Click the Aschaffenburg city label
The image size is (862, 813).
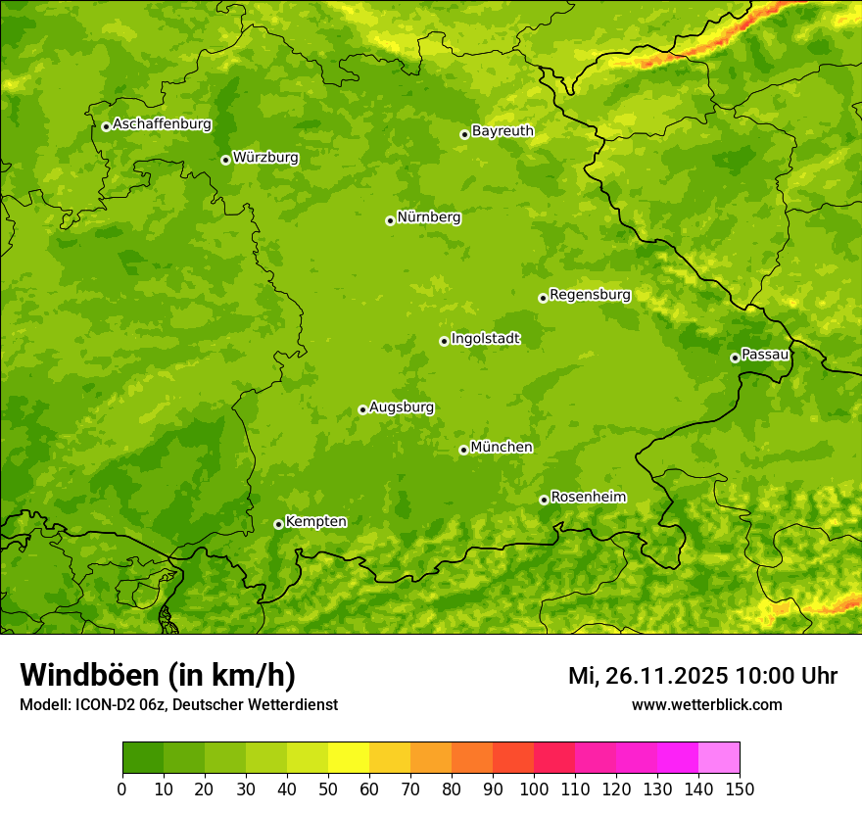[162, 124]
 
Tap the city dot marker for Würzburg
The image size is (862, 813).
[225, 160]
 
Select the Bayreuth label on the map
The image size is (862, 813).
[503, 131]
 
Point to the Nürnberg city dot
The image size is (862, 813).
[390, 220]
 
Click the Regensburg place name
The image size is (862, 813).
[590, 295]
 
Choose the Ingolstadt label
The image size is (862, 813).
[485, 339]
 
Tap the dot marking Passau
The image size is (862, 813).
[735, 358]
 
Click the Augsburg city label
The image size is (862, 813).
[402, 407]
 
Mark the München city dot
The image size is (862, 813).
[463, 450]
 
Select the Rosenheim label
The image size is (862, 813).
[588, 498]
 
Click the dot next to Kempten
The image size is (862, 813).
[278, 524]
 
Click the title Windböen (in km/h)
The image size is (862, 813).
[157, 676]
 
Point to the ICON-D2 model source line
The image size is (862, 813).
[178, 705]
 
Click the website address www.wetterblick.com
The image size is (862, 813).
[706, 705]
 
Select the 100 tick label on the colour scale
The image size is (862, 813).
[534, 789]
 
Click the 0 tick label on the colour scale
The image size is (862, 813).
[122, 789]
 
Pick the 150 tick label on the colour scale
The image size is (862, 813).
[740, 789]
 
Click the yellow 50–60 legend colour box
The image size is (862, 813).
[349, 758]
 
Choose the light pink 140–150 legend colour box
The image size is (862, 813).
[719, 758]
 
